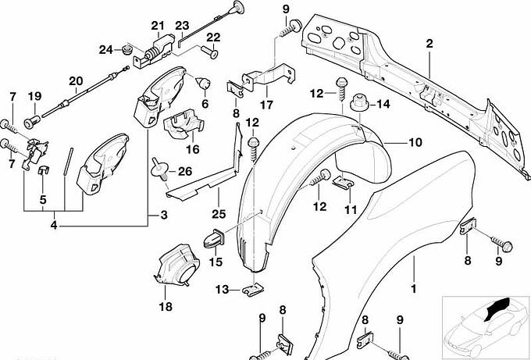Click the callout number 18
[166, 307]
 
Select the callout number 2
[429, 44]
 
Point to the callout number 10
[415, 143]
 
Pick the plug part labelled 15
[216, 237]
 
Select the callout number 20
[76, 80]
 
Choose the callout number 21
[159, 27]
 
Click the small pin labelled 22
[209, 53]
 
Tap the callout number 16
[192, 149]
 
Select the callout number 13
[221, 289]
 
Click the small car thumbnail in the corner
[483, 322]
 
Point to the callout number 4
[55, 225]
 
